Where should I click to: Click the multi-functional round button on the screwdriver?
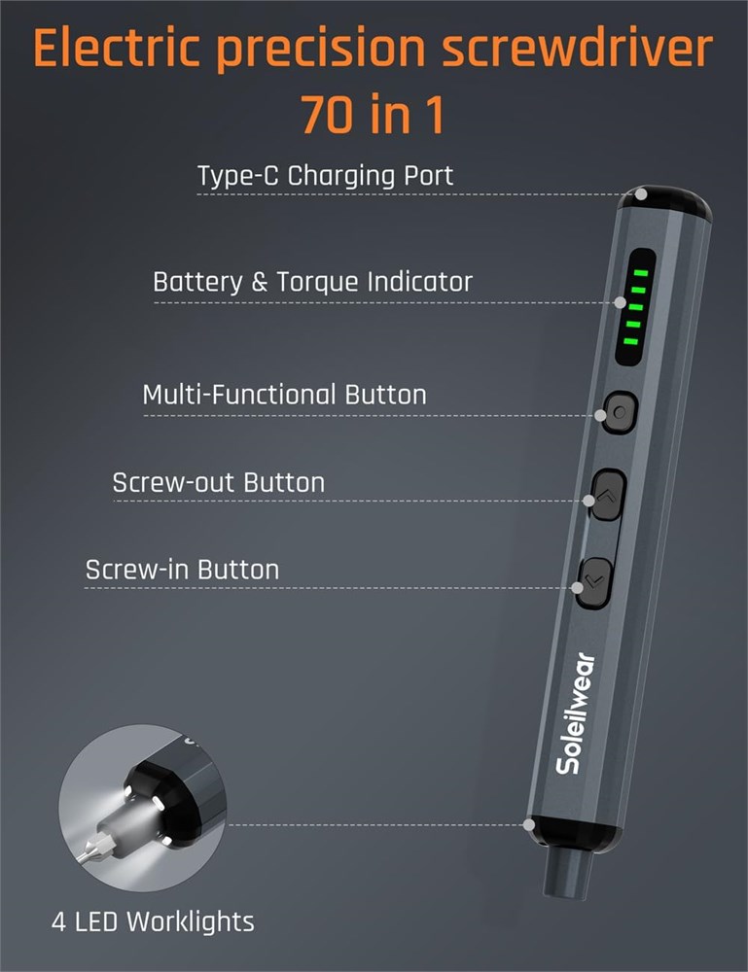[620, 411]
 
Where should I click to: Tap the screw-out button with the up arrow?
[607, 495]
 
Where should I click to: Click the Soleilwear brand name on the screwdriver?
[575, 713]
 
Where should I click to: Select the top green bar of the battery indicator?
[641, 273]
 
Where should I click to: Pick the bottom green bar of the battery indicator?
[630, 341]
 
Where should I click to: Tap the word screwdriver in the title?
[577, 48]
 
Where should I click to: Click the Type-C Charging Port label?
[325, 176]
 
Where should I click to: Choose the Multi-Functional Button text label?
[285, 395]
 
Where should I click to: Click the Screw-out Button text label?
[218, 482]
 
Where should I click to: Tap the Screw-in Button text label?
[182, 570]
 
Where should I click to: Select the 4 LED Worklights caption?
[153, 921]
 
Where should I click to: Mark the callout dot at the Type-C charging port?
[641, 194]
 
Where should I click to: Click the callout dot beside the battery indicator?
[621, 302]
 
